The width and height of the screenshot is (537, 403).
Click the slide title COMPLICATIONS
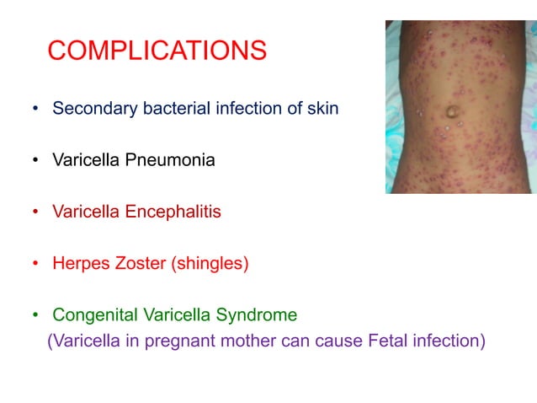(157, 51)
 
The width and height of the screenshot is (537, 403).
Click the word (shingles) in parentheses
(210, 264)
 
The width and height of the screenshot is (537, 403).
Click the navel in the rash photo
(452, 111)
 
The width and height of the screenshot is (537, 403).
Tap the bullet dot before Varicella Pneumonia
(35, 161)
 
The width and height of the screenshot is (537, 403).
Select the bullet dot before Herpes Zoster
(35, 265)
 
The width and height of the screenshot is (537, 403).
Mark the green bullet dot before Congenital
(35, 317)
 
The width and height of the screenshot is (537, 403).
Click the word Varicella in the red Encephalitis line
(87, 212)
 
